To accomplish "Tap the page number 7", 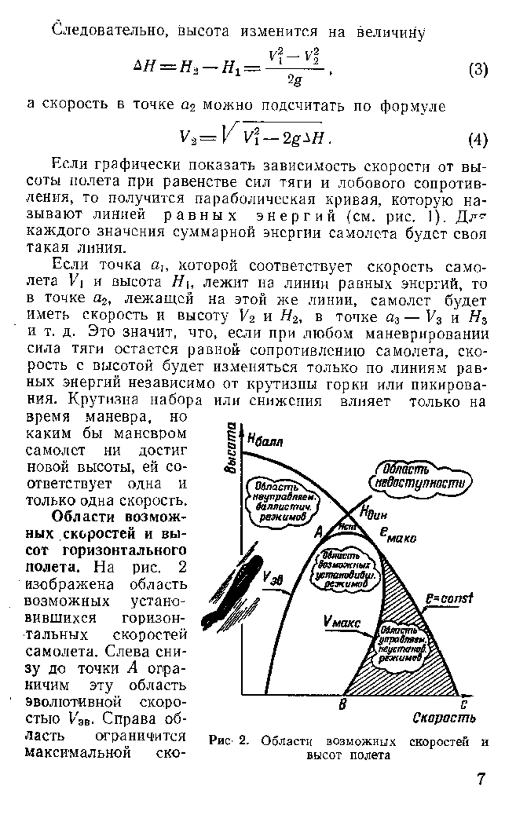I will point(481,779).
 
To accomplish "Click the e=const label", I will point(448,598).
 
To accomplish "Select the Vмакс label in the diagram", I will point(343,623).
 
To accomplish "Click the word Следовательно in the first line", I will point(109,31).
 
